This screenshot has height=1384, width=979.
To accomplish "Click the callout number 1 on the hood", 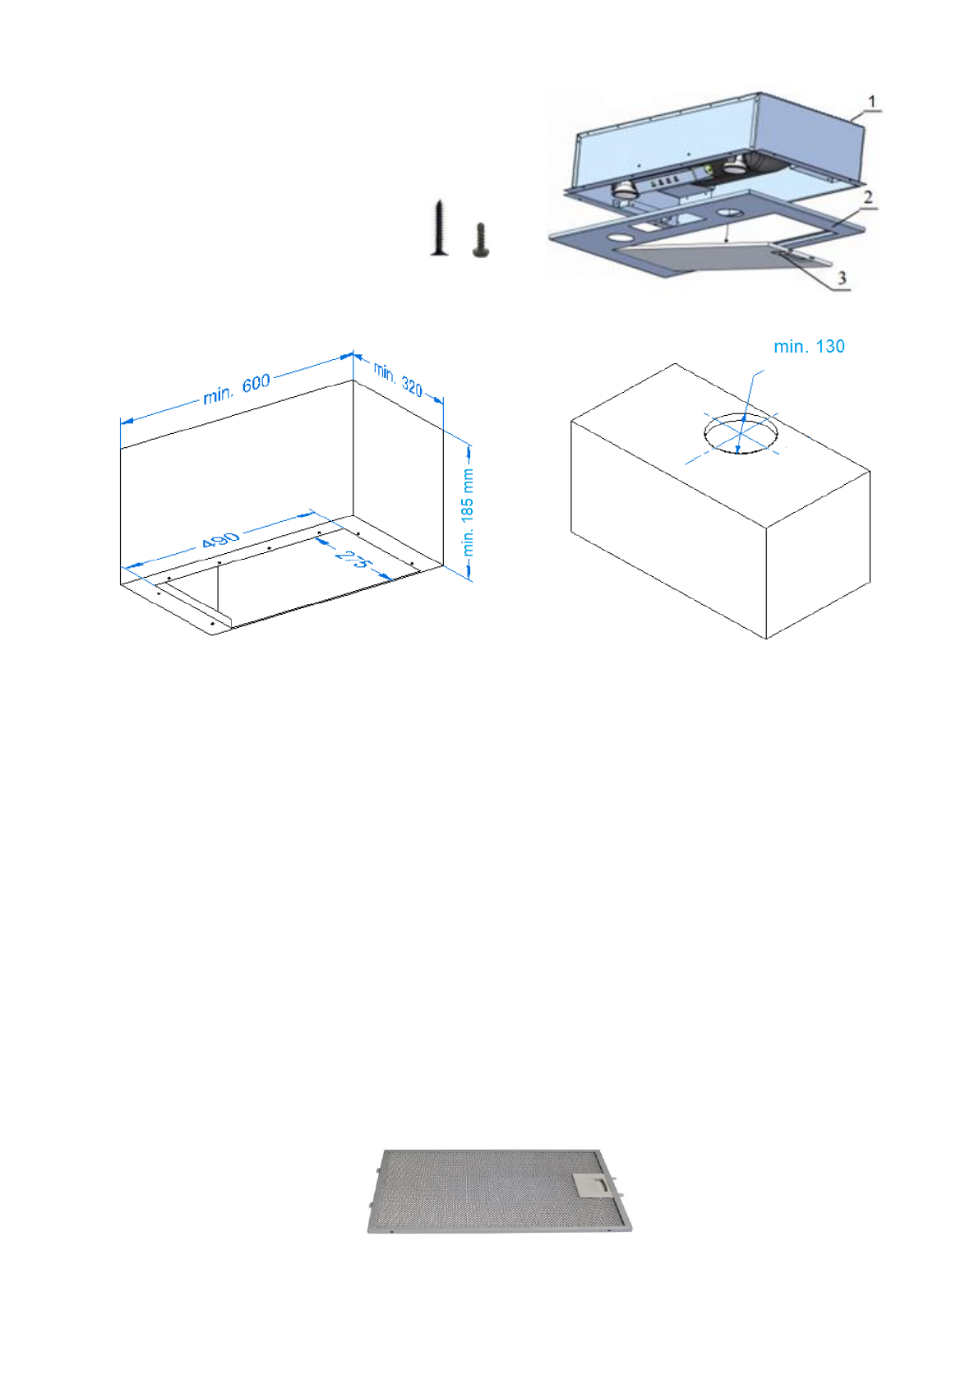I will coord(872,102).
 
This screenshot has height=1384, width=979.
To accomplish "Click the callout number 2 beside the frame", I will coord(867,197).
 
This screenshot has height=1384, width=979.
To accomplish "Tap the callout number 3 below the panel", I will coord(842,279).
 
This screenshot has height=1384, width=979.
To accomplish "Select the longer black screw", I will coord(440,228).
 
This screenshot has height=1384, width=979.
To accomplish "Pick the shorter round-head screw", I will coord(481,240).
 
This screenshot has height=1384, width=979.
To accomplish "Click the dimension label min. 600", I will coord(237,389).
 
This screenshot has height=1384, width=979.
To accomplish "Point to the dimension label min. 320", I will coord(399,379).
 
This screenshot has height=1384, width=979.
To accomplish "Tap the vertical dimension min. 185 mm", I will coord(468,512).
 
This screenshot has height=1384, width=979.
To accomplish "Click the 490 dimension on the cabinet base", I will coord(220,541).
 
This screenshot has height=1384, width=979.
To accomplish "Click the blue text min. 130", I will coord(809,347).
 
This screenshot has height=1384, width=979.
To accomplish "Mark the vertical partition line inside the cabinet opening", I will coord(219,587).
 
